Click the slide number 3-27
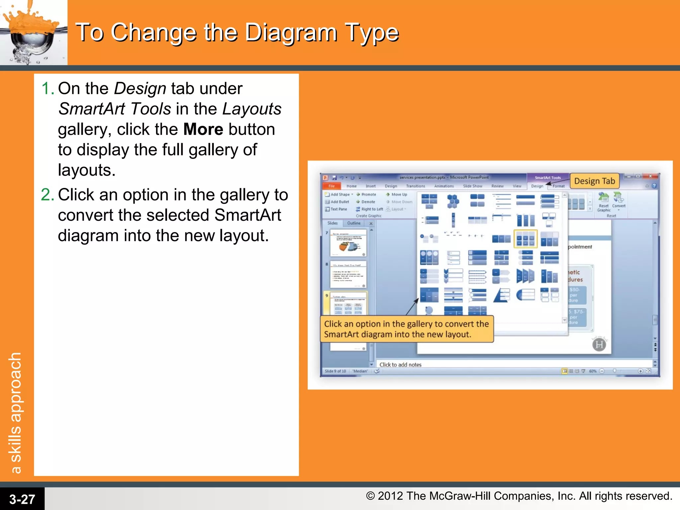(x=22, y=499)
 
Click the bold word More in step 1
(x=203, y=129)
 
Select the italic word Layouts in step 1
(x=252, y=109)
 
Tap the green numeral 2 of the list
(x=47, y=195)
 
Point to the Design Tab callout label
(x=594, y=181)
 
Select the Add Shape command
(x=339, y=195)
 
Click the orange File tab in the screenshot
(x=331, y=186)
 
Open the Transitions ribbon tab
(x=415, y=186)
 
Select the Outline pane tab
(x=354, y=223)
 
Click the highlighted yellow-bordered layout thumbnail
(x=525, y=239)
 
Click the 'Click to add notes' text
(x=400, y=365)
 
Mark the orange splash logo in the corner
(x=33, y=32)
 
